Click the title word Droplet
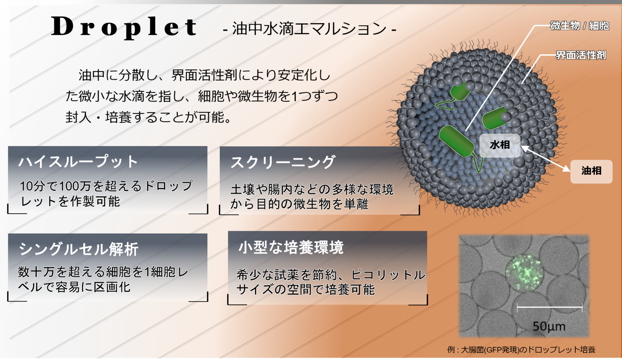point(124,27)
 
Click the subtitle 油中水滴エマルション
point(309,29)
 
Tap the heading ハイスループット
point(78,162)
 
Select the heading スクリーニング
point(283,162)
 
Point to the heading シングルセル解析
point(78,249)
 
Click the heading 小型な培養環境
point(291,247)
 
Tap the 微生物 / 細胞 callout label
point(579,26)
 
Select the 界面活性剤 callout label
point(581,55)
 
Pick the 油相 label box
point(591,171)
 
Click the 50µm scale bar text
point(549,326)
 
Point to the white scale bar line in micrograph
point(549,307)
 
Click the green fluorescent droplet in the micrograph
point(524,273)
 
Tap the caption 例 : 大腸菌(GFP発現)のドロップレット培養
point(521,350)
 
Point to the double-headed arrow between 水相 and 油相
point(545,159)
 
